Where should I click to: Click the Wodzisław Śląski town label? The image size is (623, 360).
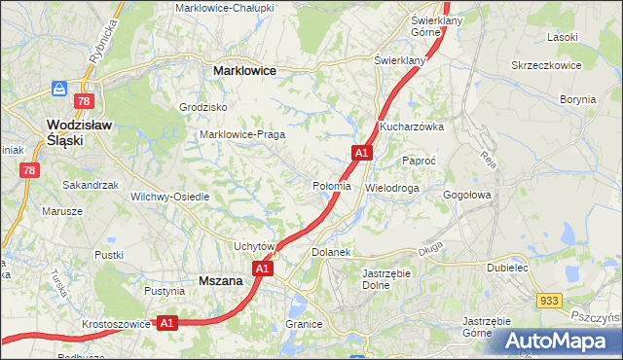click(x=81, y=132)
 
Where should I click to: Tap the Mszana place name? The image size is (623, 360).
click(x=220, y=280)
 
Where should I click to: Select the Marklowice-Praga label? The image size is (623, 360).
click(x=241, y=134)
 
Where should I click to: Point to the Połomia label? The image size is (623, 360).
click(x=330, y=186)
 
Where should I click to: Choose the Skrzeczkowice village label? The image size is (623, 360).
click(x=546, y=65)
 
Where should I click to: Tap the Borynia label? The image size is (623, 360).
click(x=577, y=99)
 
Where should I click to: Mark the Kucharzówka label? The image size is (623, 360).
click(x=412, y=127)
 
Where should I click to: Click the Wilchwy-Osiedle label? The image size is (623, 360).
click(x=170, y=196)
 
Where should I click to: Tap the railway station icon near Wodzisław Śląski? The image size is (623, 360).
click(x=59, y=89)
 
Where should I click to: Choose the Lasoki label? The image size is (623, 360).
click(x=563, y=37)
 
